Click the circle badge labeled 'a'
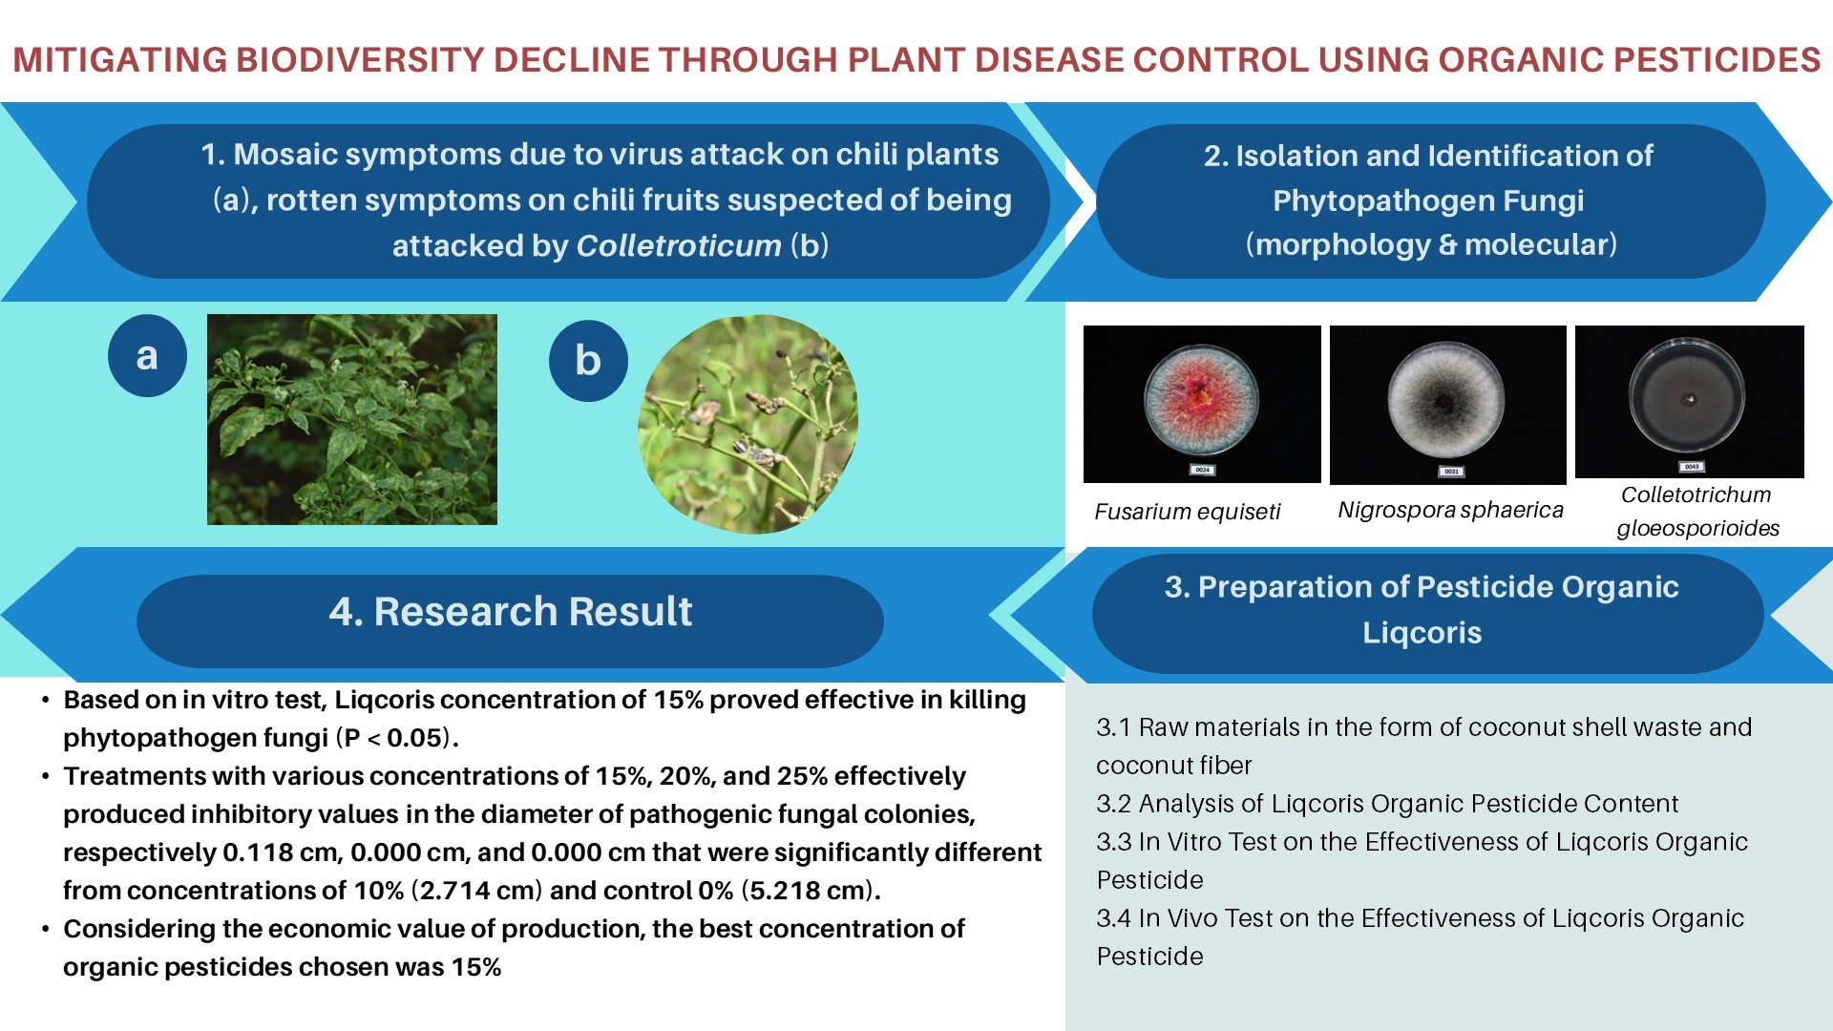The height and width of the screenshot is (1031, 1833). coord(147,355)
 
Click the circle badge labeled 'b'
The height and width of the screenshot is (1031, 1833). coord(588,361)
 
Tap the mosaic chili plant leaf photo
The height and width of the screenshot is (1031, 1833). coord(352,419)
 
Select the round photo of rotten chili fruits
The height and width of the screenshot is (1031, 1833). coord(748,424)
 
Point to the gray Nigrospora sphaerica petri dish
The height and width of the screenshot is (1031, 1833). coord(1446,399)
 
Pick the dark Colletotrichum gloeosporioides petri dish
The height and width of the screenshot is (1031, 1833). coord(1688,396)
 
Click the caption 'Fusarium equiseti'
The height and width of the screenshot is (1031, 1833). coord(1187,512)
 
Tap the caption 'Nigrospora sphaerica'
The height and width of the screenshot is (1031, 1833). coord(1450,510)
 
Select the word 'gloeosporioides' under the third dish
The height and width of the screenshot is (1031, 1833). coord(1697,528)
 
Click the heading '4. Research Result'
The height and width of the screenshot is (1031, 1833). coord(511,611)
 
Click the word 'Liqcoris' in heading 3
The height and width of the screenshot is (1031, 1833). coord(1422,632)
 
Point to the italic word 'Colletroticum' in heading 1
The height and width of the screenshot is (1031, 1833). coord(680,245)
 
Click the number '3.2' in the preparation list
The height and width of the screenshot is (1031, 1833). coord(1113,804)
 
